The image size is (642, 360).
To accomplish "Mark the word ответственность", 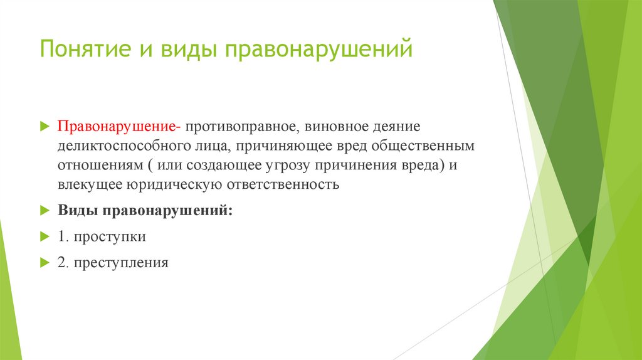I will click(281, 184).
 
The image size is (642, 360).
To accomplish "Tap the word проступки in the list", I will click(110, 237).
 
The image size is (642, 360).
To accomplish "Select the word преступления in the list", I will click(121, 263).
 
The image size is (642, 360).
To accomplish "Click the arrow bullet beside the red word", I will click(44, 126).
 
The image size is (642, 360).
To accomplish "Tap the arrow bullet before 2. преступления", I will click(44, 263).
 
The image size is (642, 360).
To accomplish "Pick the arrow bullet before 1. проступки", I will click(44, 236).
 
